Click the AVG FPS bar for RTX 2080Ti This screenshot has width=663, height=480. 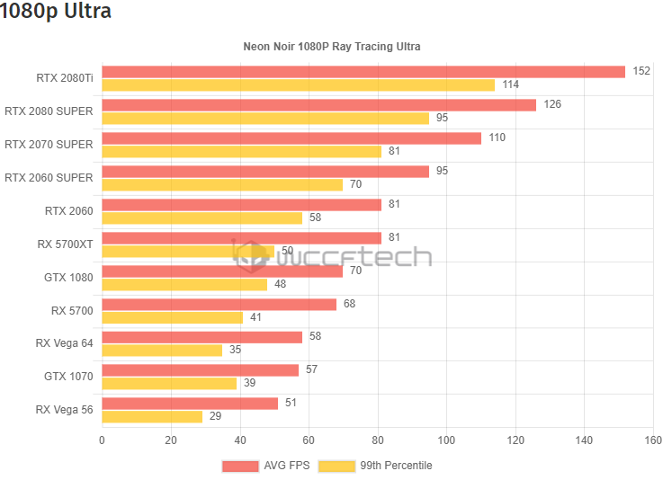(363, 72)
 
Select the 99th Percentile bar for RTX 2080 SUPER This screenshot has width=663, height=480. (265, 118)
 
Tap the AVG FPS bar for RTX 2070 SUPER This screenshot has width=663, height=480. (291, 138)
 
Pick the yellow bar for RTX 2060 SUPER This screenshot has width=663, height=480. (222, 184)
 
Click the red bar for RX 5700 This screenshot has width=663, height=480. (219, 304)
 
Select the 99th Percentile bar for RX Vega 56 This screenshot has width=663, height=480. (152, 416)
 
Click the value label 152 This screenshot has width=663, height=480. (641, 72)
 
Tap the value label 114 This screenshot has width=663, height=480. (510, 84)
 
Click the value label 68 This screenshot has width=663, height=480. (349, 304)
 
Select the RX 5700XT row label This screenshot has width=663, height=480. (65, 244)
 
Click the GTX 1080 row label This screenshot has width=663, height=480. (68, 278)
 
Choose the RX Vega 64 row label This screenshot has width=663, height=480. (65, 343)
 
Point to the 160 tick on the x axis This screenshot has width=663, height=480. (653, 440)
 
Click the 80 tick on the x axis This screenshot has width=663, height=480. (378, 440)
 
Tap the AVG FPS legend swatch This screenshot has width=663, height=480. (239, 466)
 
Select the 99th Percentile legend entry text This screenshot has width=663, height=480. (396, 466)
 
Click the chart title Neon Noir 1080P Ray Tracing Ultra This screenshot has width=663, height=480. (332, 46)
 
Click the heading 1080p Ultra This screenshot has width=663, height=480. (57, 12)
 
